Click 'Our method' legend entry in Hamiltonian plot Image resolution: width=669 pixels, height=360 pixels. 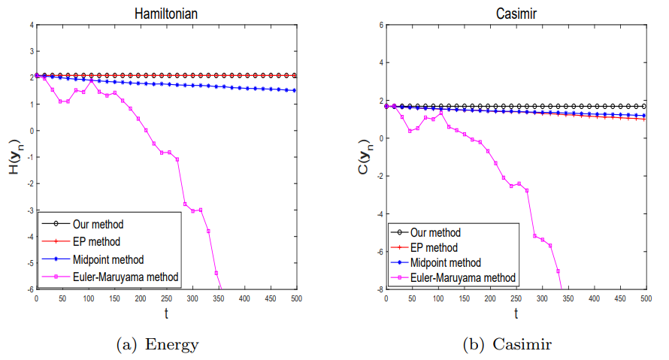pos(98,223)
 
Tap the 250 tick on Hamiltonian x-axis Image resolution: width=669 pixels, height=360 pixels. pos(166,298)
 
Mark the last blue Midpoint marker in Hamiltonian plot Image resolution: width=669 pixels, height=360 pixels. pos(294,90)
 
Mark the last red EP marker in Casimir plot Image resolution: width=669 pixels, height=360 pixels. pos(644,119)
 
